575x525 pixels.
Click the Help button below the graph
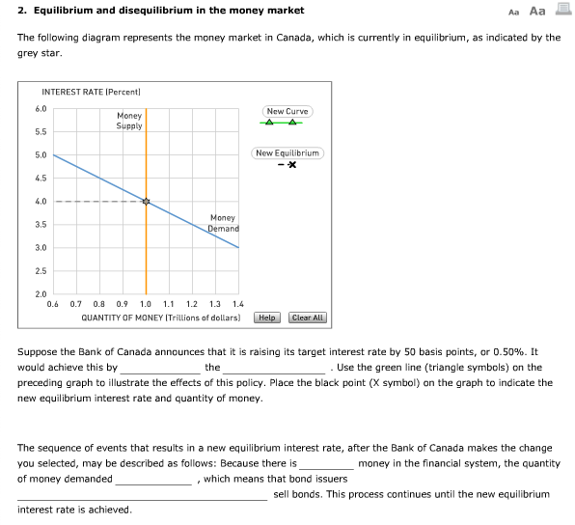coord(267,318)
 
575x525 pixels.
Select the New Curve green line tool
coord(287,122)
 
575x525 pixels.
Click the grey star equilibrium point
coord(147,202)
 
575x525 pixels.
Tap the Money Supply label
coord(129,121)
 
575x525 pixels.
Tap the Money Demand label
coord(223,223)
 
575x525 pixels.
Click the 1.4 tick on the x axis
coord(238,304)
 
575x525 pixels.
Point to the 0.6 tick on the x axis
coord(53,304)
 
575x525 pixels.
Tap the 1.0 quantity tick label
coord(146,304)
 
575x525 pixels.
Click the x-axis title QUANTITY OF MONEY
coord(161,317)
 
